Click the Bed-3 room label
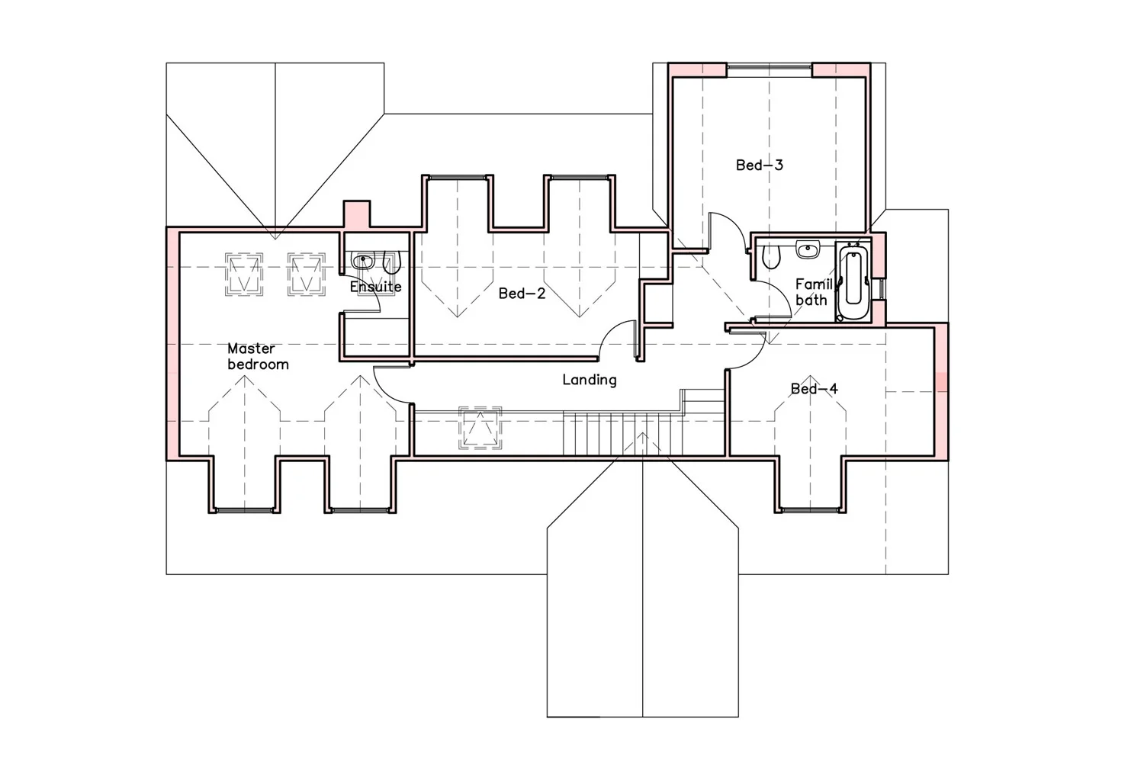759,165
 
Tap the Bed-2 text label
522,293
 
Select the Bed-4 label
814,389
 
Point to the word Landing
589,380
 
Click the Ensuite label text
375,287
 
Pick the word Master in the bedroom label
251,348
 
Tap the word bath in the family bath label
811,300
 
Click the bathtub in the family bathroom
852,282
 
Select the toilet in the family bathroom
772,257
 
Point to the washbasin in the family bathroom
807,249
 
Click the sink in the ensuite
364,262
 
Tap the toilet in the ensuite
391,263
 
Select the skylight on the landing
480,427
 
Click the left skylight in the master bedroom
244,275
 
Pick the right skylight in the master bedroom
307,275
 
